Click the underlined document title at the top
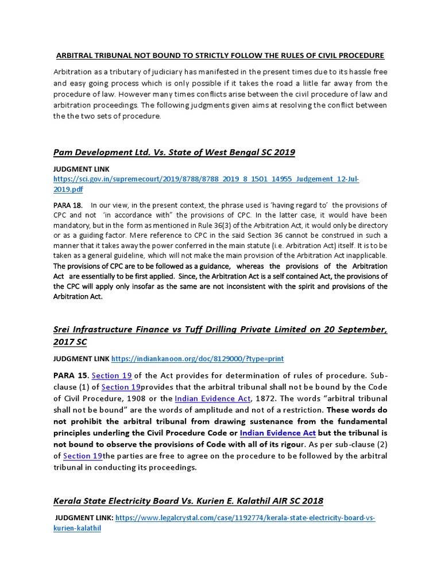point(220,55)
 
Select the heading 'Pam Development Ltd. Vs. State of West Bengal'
point(173,152)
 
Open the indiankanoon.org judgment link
point(198,359)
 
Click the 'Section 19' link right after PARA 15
point(112,376)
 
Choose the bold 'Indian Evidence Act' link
point(278,433)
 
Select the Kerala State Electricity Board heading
point(188,501)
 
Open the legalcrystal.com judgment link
point(245,518)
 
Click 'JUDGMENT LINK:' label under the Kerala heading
point(84,518)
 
